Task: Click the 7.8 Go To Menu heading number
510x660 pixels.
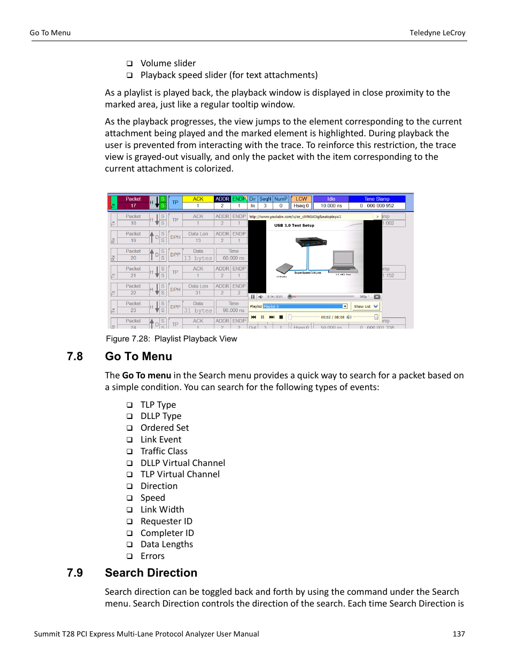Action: [75, 356]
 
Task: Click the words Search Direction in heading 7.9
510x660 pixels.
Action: [151, 573]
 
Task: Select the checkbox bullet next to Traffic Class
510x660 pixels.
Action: [129, 452]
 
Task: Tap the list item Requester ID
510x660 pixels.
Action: [166, 521]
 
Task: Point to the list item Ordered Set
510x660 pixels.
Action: [165, 428]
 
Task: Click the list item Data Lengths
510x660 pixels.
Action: [167, 544]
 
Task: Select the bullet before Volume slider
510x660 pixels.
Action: [129, 64]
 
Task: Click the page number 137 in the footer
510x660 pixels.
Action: [458, 634]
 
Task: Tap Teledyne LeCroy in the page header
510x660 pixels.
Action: [437, 33]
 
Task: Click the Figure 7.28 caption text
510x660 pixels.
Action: [171, 339]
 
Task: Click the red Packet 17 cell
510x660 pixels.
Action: [133, 202]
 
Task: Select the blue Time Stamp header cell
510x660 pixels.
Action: [377, 199]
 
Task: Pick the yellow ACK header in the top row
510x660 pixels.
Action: [198, 199]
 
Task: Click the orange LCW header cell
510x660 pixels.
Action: [302, 199]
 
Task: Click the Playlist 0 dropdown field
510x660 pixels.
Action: [305, 306]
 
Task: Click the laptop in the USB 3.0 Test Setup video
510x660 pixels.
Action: [343, 261]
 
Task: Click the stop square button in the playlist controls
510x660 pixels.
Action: [281, 317]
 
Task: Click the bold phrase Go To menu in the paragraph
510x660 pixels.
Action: [146, 375]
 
